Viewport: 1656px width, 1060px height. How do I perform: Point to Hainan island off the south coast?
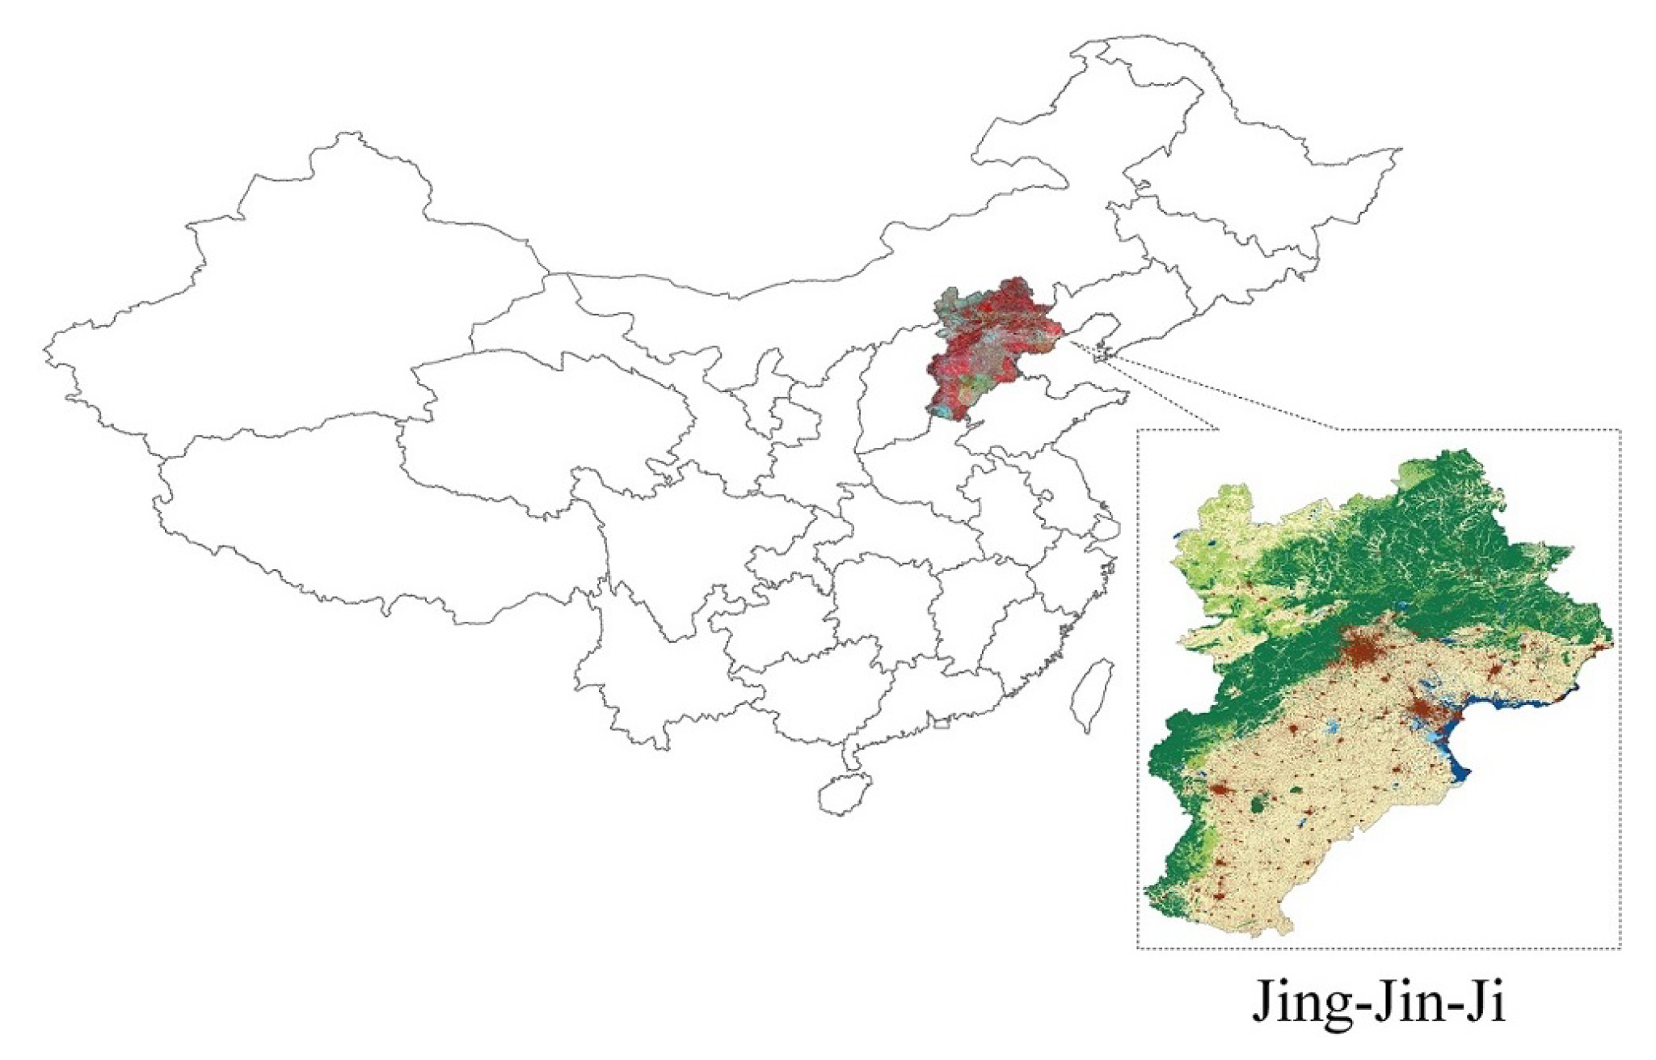coord(844,793)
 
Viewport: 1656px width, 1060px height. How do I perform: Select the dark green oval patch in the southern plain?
coord(1258,805)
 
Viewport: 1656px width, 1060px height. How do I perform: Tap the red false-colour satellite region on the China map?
coord(994,340)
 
